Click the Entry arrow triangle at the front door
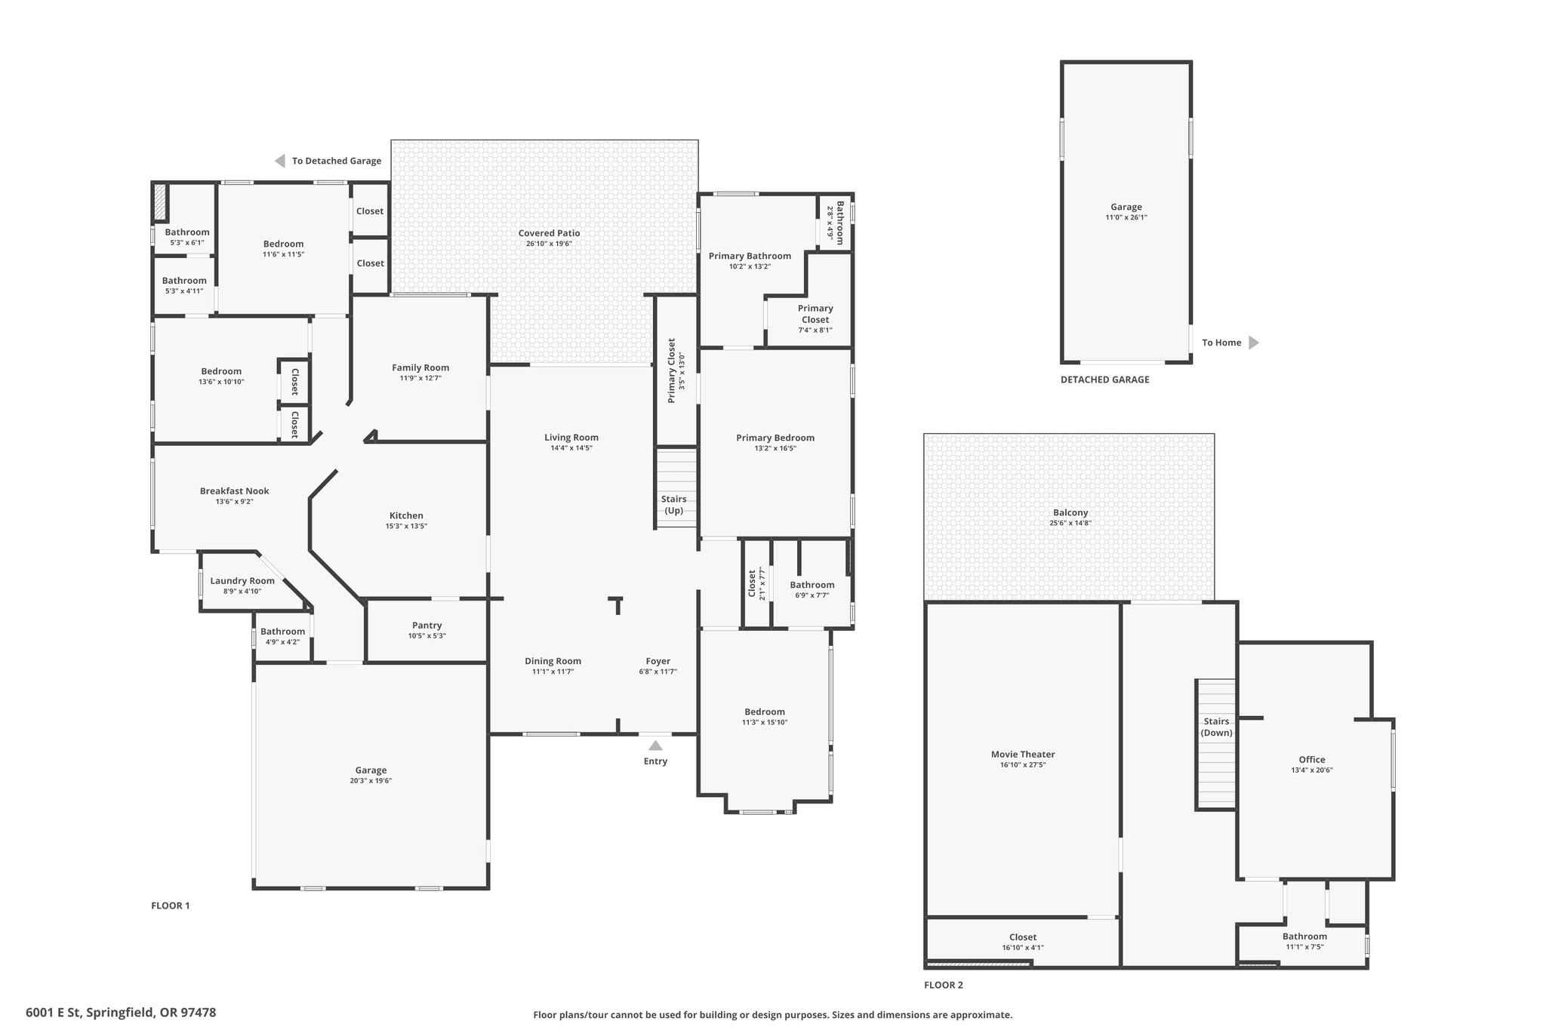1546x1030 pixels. [655, 746]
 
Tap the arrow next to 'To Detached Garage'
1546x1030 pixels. [279, 161]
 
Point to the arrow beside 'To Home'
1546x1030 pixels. [1254, 343]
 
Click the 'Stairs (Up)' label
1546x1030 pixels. [673, 505]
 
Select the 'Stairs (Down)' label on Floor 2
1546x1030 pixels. [1216, 727]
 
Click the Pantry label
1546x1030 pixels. [427, 626]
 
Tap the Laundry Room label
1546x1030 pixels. [242, 581]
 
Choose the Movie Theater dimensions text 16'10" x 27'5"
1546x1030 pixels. [1023, 765]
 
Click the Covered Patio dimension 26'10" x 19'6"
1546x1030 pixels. [549, 244]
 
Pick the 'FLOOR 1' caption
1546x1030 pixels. [171, 905]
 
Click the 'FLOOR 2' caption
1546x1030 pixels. [944, 985]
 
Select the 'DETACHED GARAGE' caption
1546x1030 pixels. [1104, 380]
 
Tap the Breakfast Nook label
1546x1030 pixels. [234, 491]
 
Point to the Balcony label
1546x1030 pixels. [1070, 513]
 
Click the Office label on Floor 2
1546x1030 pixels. [1312, 760]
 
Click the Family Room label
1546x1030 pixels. [420, 368]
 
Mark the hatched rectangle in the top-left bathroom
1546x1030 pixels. [159, 202]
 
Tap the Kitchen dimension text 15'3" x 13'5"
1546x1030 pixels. [406, 527]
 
